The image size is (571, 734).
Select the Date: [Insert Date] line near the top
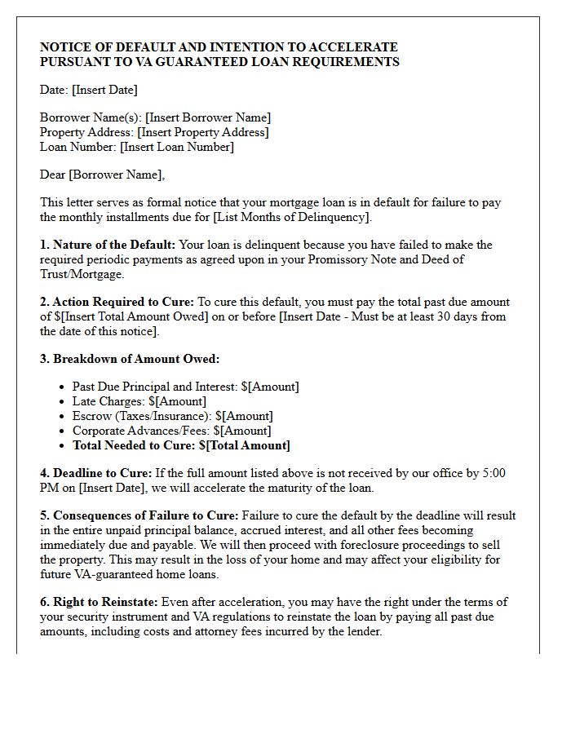88,90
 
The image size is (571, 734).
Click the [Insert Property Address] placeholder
203,132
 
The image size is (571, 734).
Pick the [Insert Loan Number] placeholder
177,147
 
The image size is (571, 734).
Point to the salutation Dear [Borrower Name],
102,175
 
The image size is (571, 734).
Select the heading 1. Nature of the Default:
108,245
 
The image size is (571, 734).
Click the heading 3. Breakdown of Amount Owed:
130,359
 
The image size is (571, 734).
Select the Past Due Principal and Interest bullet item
185,387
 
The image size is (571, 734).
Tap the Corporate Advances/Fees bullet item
171,431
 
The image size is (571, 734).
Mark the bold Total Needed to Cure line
181,445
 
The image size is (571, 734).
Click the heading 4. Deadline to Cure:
96,473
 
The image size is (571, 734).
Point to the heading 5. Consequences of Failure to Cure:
139,515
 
